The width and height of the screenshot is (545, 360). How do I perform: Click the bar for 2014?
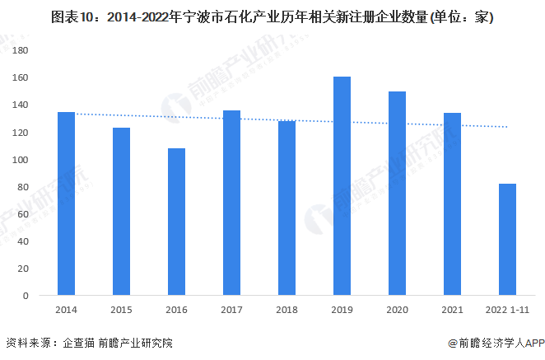pos(66,203)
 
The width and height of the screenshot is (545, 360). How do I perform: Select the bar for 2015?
pos(121,211)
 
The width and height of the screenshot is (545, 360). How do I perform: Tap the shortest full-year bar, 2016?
pos(176,222)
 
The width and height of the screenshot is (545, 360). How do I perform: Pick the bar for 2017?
pos(231,203)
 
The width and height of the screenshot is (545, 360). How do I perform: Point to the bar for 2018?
pos(286,208)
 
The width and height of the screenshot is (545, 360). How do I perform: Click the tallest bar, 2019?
pos(342,185)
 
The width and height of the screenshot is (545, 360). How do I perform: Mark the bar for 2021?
pos(452,203)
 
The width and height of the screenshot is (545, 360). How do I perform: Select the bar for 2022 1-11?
pos(507,239)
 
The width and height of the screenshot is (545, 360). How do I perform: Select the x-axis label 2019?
pos(342,311)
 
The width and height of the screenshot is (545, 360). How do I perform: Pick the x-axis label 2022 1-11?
pos(507,311)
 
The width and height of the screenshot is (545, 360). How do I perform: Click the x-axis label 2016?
pos(176,311)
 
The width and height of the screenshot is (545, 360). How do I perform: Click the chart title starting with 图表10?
pos(272,16)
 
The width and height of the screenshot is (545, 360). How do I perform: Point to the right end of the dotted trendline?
pos(507,127)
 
